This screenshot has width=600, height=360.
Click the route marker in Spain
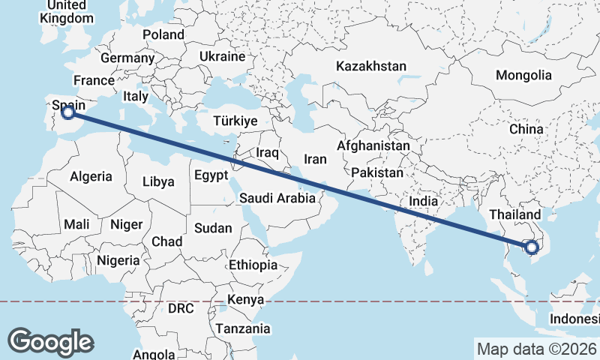click(x=68, y=112)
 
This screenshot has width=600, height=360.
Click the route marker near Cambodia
click(x=532, y=247)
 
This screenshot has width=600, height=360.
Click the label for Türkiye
click(x=235, y=121)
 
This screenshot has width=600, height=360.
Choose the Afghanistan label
click(x=373, y=145)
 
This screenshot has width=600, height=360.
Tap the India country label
click(x=423, y=201)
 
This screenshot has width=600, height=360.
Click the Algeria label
click(x=91, y=177)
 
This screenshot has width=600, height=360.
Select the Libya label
click(x=158, y=181)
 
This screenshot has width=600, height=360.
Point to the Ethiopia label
click(x=253, y=265)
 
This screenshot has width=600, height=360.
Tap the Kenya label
click(x=247, y=299)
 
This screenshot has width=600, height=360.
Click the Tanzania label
click(x=243, y=328)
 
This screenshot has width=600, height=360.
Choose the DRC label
click(x=181, y=308)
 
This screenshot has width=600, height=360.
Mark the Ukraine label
click(x=223, y=56)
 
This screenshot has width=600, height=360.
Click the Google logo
click(x=51, y=342)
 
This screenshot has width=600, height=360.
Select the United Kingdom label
click(x=70, y=12)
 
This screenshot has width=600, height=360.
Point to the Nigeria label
click(x=118, y=260)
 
